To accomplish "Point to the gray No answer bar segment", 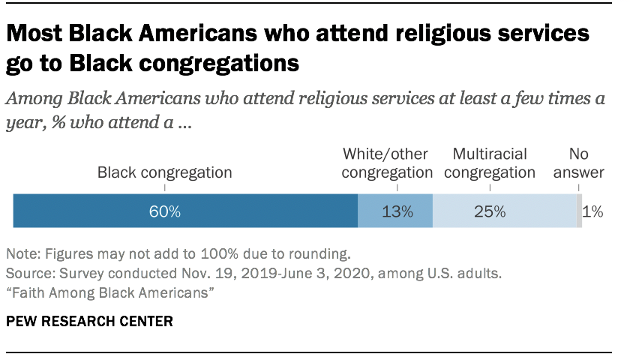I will tap(579, 211).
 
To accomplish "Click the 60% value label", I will tap(164, 211).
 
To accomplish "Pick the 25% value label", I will tap(489, 211).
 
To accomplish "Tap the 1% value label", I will tap(593, 211).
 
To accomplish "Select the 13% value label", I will tap(397, 211).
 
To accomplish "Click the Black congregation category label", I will tap(164, 172).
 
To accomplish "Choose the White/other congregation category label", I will tap(385, 163).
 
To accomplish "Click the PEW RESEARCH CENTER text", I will tap(89, 322).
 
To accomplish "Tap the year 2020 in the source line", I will tap(300, 272).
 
